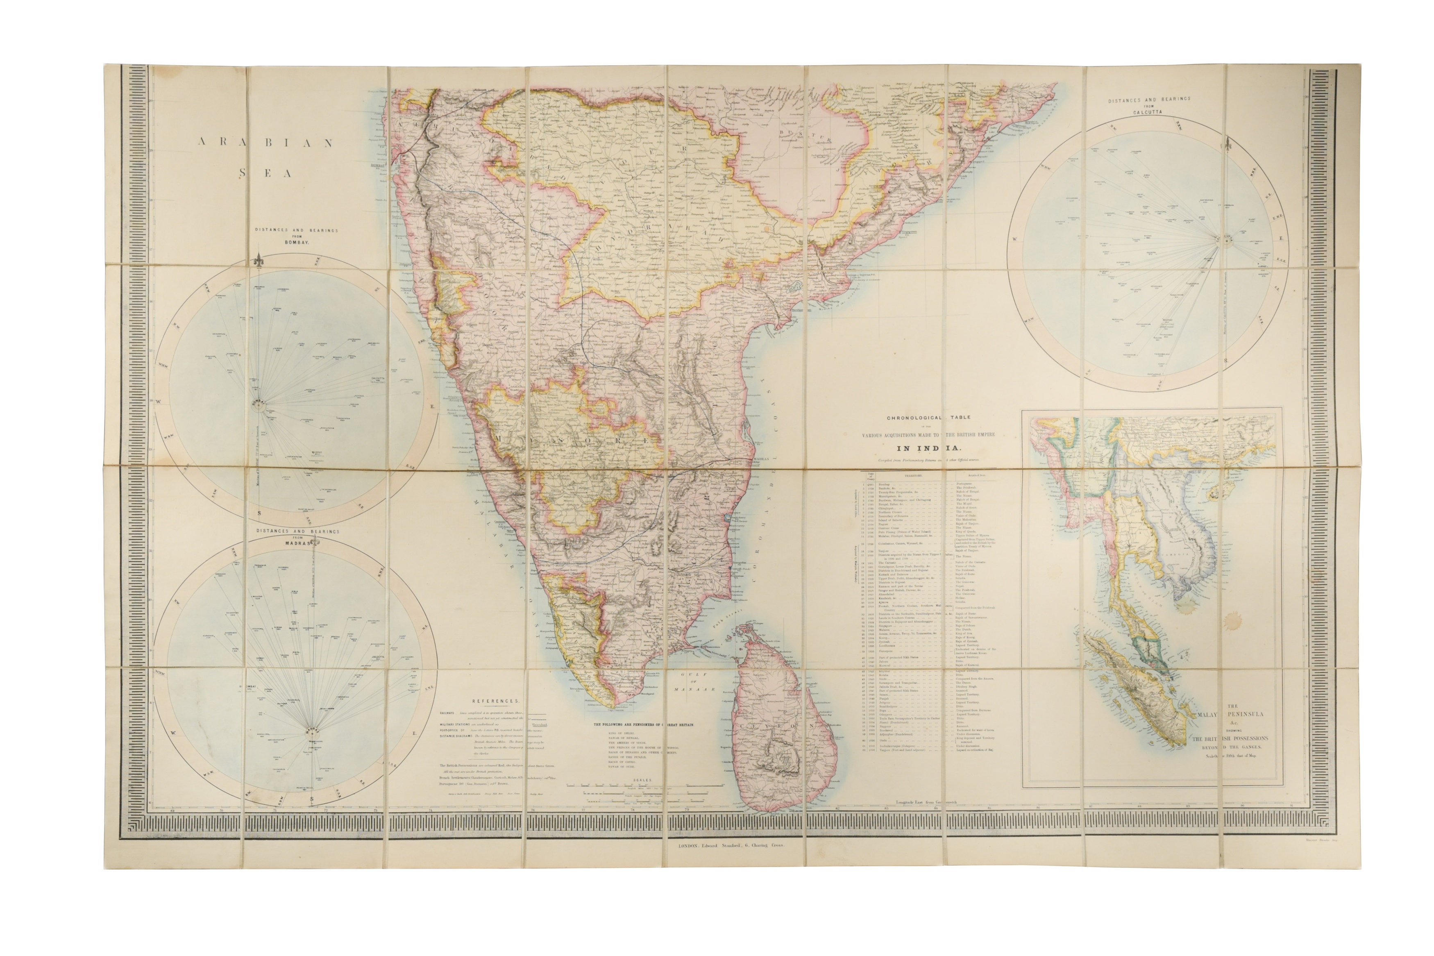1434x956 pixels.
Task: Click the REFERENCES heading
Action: [495, 702]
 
